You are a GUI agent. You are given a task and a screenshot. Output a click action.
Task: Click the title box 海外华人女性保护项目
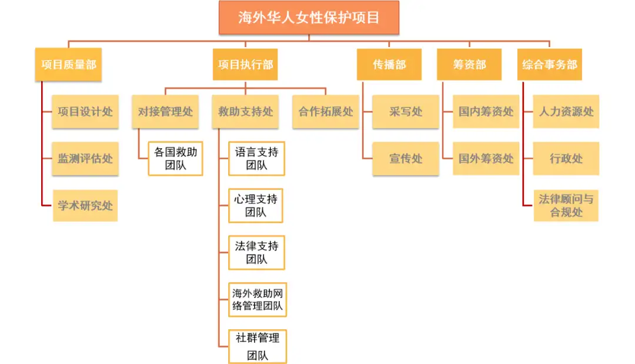pyautogui.click(x=309, y=17)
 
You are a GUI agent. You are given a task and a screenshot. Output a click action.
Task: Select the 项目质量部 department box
pyautogui.click(x=68, y=65)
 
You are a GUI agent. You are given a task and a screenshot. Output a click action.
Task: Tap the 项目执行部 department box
pyautogui.click(x=245, y=65)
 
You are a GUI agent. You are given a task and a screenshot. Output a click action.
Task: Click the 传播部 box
pyautogui.click(x=389, y=65)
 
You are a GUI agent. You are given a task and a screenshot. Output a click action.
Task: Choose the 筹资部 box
pyautogui.click(x=469, y=65)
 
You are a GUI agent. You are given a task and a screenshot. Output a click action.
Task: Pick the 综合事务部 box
pyautogui.click(x=550, y=65)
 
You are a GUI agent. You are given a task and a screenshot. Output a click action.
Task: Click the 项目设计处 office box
pyautogui.click(x=85, y=111)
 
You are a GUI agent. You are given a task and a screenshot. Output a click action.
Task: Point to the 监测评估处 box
pyautogui.click(x=85, y=158)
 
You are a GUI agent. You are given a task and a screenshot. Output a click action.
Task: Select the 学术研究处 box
pyautogui.click(x=85, y=205)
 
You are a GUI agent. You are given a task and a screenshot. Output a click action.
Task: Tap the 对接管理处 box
pyautogui.click(x=165, y=111)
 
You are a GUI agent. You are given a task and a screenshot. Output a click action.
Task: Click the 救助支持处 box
pyautogui.click(x=246, y=111)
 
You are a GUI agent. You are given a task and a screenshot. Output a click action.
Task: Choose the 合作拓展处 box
pyautogui.click(x=326, y=111)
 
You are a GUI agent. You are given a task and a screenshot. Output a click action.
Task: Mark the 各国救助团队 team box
pyautogui.click(x=176, y=158)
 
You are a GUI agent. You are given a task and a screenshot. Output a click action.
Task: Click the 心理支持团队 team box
pyautogui.click(x=256, y=205)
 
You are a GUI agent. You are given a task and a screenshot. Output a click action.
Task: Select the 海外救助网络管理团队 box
pyautogui.click(x=257, y=299)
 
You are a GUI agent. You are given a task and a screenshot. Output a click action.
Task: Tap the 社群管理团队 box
pyautogui.click(x=257, y=346)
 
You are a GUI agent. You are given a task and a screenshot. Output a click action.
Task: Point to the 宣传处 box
pyautogui.click(x=406, y=158)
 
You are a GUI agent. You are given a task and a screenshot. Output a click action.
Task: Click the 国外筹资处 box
pyautogui.click(x=486, y=158)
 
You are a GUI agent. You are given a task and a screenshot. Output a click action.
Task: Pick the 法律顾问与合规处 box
pyautogui.click(x=566, y=205)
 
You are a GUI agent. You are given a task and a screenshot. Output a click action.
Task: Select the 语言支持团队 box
pyautogui.click(x=256, y=158)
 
